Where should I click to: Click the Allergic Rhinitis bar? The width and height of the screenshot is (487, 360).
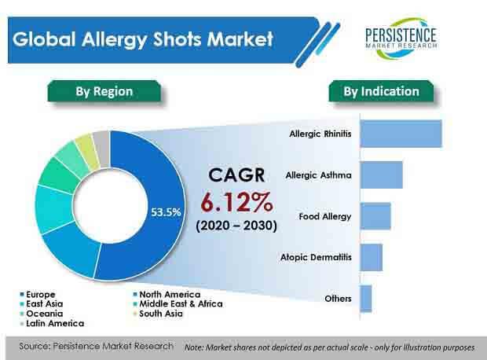pos(401,134)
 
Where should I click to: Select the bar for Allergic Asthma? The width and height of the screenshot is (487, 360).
pos(382,174)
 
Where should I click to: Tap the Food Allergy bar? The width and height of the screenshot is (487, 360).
pos(375,216)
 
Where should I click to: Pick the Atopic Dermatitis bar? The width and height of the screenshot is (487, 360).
pos(372,257)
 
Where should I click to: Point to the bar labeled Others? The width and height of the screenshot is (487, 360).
pos(366,299)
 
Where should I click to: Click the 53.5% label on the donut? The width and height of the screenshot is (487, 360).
pos(166,212)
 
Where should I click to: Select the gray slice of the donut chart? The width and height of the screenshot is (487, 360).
pos(102,149)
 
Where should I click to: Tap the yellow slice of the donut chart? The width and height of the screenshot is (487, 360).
pos(88,153)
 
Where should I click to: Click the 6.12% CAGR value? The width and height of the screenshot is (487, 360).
pos(236,202)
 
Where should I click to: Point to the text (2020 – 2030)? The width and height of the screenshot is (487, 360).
pos(236,226)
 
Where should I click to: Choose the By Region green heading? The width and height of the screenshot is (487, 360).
pos(104,91)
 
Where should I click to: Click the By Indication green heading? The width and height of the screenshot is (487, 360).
pos(381,91)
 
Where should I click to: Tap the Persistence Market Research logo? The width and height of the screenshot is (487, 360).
pos(401,39)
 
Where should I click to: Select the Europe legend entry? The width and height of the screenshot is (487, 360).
pos(38,294)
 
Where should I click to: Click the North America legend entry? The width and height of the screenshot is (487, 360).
pos(167,294)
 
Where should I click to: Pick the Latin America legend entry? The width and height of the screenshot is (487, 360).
pos(52,323)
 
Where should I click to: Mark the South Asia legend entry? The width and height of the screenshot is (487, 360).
pos(158,314)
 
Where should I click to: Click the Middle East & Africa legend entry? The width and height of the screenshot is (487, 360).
pos(178,303)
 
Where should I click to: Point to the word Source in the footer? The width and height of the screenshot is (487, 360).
pos(33,346)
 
